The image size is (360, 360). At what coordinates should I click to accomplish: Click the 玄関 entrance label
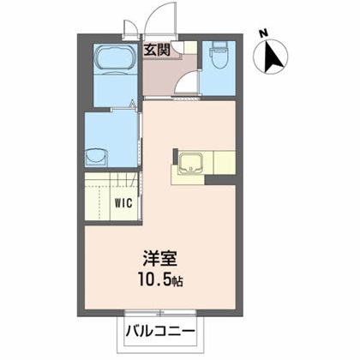pos(157,49)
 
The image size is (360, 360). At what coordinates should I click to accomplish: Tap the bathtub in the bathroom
pos(112,61)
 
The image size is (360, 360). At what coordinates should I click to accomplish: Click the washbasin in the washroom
pos(95,158)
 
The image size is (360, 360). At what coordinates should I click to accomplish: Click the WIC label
pos(123,205)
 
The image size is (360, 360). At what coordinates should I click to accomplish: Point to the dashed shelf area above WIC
pos(111,183)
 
